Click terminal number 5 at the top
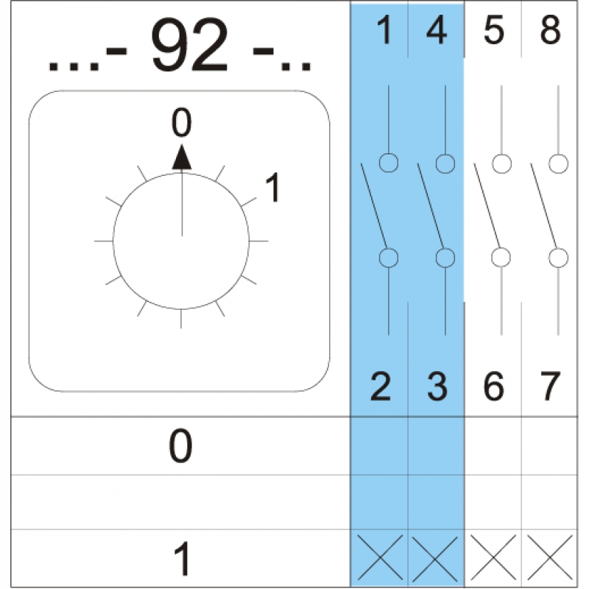coord(493,32)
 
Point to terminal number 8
coord(549,32)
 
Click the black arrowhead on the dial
coord(181,158)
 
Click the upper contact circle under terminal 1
coord(388,162)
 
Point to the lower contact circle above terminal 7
coord(559,257)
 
